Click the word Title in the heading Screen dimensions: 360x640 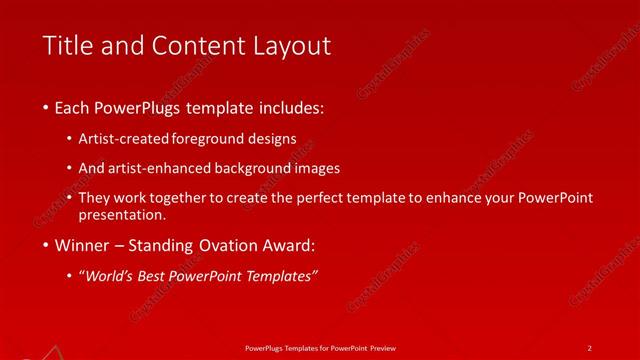click(67, 45)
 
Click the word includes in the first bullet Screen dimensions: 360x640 click(291, 107)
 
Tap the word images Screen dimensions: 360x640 click(331, 168)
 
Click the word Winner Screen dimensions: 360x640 click(83, 245)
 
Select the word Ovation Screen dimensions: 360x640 click(243, 245)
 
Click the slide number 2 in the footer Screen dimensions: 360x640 click(590, 347)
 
